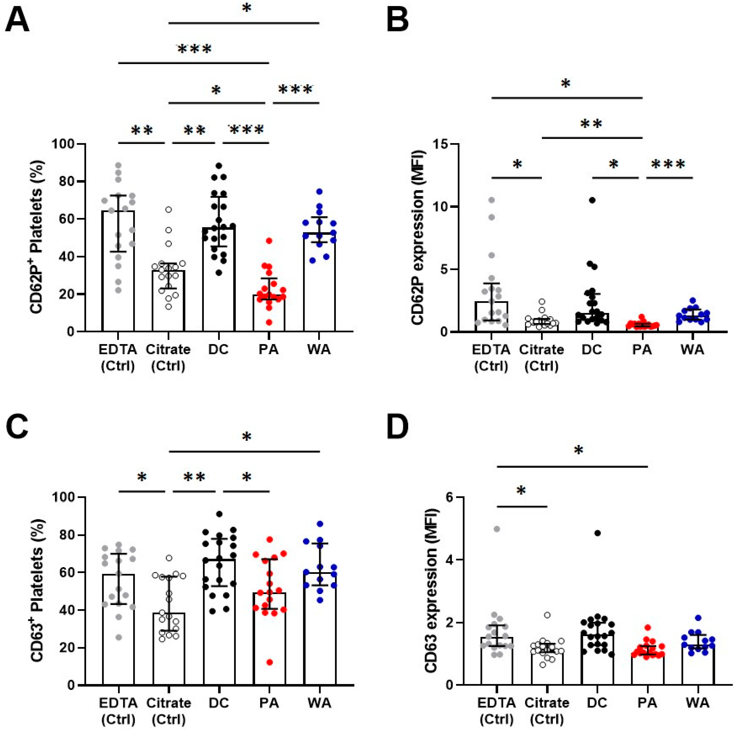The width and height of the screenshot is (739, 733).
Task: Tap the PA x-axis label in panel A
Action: point(269,350)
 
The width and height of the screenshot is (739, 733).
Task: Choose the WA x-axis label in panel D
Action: point(698,703)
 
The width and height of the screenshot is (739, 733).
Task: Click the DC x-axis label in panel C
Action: point(219,703)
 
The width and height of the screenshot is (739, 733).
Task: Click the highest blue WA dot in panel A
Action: point(319,191)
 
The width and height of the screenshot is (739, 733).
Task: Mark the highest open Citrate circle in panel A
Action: point(168,210)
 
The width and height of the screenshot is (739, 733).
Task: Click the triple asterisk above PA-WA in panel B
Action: point(668,165)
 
